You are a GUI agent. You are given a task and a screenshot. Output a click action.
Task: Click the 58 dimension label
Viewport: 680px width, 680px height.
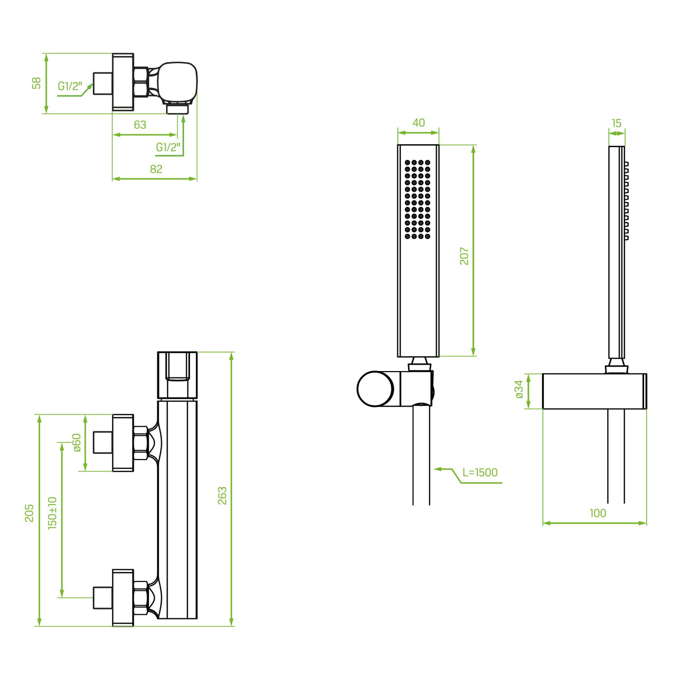(36, 83)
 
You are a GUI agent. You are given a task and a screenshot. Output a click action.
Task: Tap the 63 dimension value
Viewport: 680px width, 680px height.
(140, 124)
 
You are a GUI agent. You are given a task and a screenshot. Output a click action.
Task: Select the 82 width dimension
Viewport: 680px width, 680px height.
(156, 169)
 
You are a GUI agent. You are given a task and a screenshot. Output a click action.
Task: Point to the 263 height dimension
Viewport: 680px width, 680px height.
(222, 495)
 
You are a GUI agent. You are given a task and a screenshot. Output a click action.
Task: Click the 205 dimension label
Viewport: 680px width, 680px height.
(29, 513)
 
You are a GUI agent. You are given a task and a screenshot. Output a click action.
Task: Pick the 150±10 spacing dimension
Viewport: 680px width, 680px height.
(52, 513)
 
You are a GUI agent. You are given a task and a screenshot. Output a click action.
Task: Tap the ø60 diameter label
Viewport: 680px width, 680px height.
(76, 442)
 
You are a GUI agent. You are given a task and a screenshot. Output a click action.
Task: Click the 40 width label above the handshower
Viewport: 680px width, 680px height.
(419, 123)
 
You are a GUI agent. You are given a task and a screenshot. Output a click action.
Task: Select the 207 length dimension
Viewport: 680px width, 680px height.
(464, 256)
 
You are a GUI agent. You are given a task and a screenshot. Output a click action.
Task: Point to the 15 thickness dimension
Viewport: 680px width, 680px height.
(616, 123)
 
